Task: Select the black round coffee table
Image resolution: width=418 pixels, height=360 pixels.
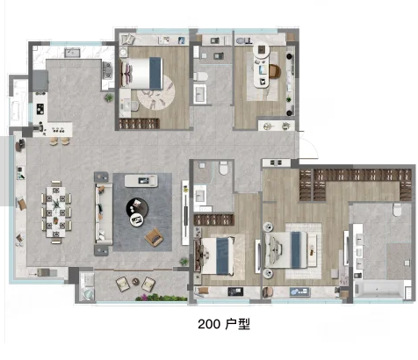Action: (x=138, y=207)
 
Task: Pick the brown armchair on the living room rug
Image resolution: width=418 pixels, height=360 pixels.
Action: (x=154, y=235)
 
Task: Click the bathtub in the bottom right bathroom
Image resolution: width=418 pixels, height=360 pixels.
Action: (x=378, y=286)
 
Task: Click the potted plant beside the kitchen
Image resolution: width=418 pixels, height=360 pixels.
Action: (x=109, y=98)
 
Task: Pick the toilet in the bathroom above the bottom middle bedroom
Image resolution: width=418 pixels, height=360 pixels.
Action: (x=226, y=169)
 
